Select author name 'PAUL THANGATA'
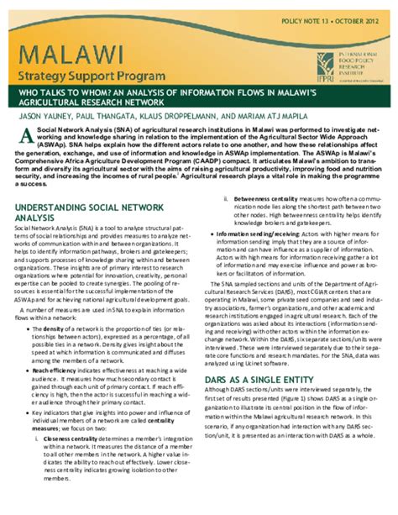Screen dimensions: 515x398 pyautogui.click(x=118, y=120)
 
